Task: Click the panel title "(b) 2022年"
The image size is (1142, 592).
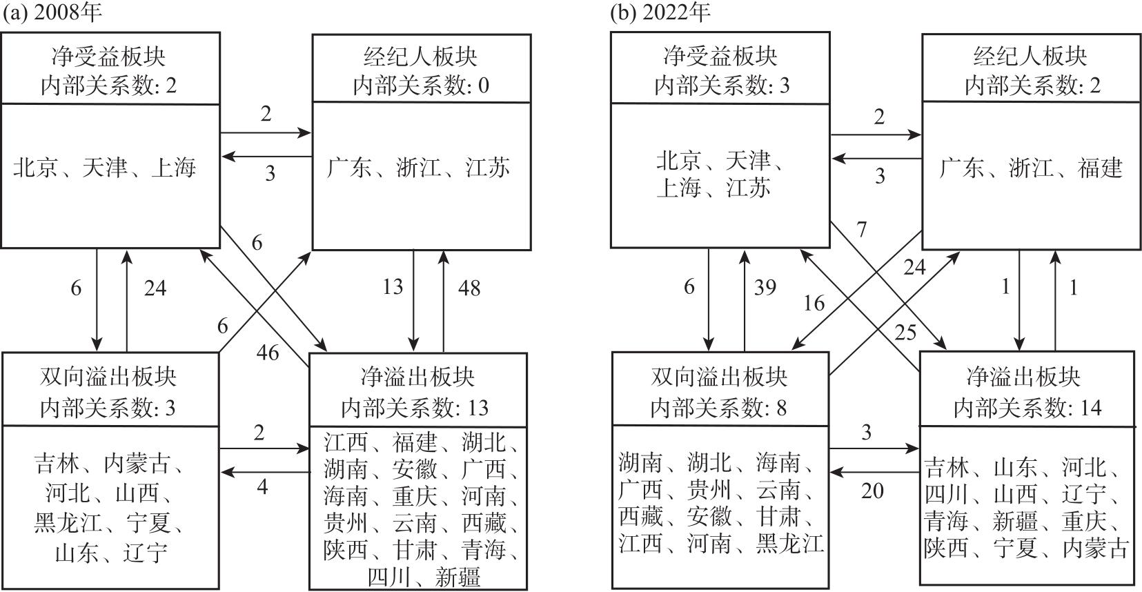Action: [660, 12]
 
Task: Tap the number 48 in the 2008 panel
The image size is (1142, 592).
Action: [469, 287]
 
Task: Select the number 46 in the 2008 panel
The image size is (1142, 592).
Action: [268, 353]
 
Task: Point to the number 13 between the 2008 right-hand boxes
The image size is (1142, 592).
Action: [393, 286]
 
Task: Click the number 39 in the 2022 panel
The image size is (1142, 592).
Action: [765, 287]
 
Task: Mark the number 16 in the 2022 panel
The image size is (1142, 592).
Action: [814, 303]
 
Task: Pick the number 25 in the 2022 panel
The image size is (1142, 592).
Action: [905, 333]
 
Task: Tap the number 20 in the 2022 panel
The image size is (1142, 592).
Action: [872, 491]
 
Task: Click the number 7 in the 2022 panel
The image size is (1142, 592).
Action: [861, 229]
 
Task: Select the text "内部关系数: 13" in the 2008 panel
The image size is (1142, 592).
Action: [415, 408]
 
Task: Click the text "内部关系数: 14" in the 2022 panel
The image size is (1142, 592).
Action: [1027, 408]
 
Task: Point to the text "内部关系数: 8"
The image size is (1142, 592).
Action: [718, 408]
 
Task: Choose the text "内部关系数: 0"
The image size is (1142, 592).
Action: [420, 86]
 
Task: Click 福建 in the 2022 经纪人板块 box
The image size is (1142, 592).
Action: [1100, 168]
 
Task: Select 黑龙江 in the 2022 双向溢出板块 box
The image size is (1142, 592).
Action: [791, 543]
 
